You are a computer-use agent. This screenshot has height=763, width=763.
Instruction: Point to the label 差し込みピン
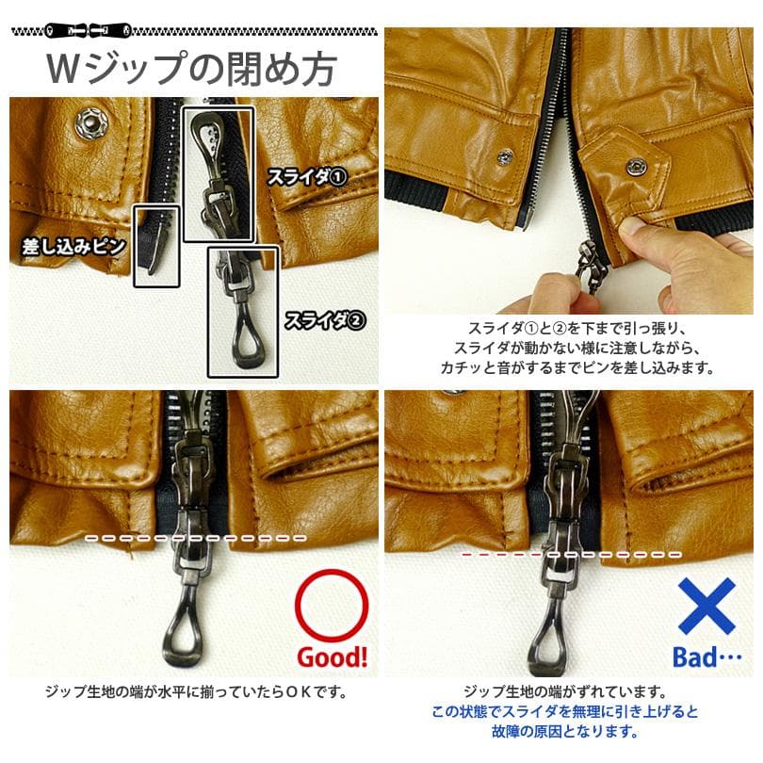pyautogui.click(x=74, y=247)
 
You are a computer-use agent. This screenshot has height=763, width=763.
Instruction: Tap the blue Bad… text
pyautogui.click(x=707, y=657)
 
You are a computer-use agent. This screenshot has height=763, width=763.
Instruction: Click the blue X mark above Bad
pyautogui.click(x=707, y=605)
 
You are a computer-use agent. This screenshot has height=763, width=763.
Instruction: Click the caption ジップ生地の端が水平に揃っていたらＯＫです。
pyautogui.click(x=196, y=692)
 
